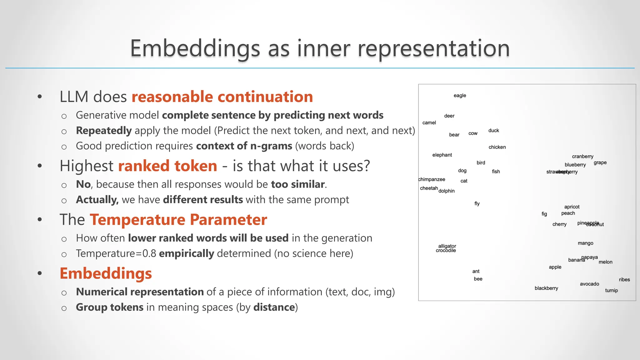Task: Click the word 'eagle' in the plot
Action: click(460, 96)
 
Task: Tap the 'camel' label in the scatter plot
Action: click(429, 123)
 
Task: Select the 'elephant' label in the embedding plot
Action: click(442, 155)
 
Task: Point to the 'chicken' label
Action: click(497, 147)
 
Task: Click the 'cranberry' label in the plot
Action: click(582, 157)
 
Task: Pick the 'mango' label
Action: click(585, 243)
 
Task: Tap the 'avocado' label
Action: click(589, 284)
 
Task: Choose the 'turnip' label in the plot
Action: click(611, 291)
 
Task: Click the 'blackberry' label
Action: click(546, 288)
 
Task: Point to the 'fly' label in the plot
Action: click(477, 204)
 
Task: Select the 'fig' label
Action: click(544, 214)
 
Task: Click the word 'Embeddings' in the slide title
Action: click(195, 48)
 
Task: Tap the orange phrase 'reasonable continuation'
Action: click(222, 97)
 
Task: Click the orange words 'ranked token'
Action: click(167, 166)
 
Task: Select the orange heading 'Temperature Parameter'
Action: click(178, 220)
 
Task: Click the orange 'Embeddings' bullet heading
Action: click(106, 273)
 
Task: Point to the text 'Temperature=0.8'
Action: click(116, 253)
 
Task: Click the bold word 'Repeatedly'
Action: click(104, 131)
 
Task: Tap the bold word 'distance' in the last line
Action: click(274, 307)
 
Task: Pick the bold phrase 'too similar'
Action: click(298, 184)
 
